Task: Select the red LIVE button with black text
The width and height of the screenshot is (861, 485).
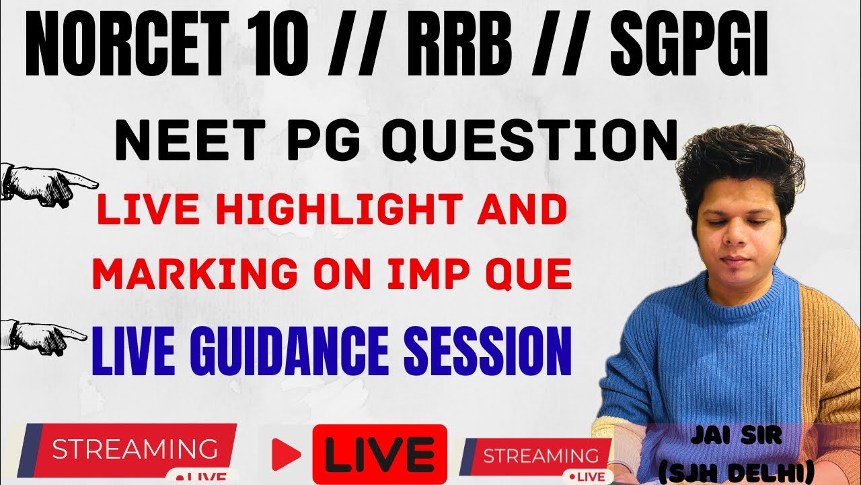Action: click(x=380, y=454)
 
